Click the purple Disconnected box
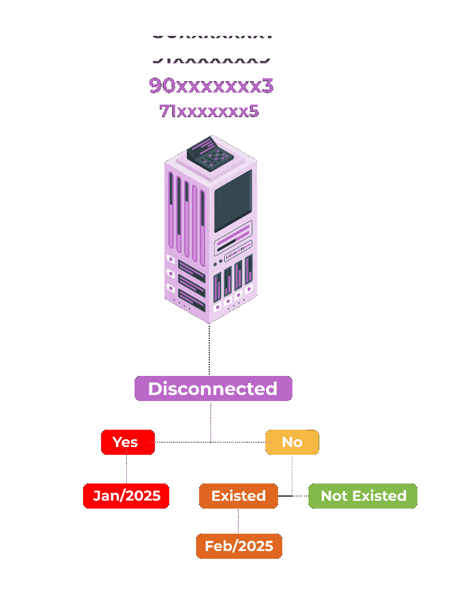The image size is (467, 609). [213, 388]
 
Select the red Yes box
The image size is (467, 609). [127, 442]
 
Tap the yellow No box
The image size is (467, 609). [292, 442]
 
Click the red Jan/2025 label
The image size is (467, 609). [126, 496]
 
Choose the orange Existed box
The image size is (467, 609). [238, 496]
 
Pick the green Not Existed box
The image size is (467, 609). [362, 496]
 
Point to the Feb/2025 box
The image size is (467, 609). [239, 546]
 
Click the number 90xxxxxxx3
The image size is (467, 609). [211, 86]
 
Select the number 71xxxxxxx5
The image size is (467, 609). [209, 111]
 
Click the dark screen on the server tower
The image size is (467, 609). [233, 200]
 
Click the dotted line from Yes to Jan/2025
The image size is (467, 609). [126, 469]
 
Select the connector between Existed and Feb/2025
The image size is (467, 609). [238, 521]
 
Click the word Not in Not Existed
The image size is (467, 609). [334, 496]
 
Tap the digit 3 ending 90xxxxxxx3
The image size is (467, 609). [268, 86]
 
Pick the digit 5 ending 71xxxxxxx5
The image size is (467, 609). [254, 111]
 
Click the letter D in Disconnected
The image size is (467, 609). [155, 388]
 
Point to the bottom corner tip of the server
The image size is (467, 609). [209, 322]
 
